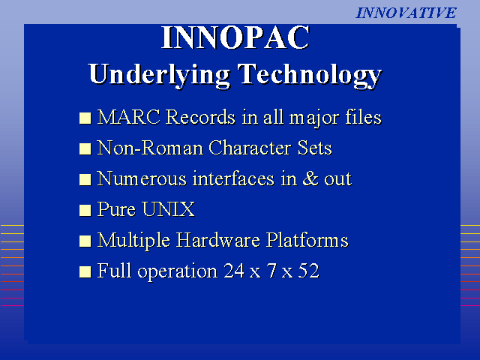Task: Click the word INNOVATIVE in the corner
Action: pos(406,13)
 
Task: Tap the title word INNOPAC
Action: pos(235,37)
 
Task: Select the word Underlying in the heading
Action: pos(160,75)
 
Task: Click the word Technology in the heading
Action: pos(310,75)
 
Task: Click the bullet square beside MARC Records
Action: pos(85,118)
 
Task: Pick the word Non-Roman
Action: pos(150,148)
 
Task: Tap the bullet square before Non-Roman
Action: pos(85,148)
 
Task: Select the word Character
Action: pos(249,148)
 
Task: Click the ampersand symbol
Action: pos(310,178)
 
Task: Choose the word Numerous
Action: pos(142,178)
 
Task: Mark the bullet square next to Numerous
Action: pos(85,180)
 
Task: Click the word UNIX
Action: pos(168,209)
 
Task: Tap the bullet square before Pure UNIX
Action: pos(85,210)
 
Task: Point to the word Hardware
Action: pos(218,240)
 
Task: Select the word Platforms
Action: pos(307,240)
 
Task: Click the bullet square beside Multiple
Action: pos(85,241)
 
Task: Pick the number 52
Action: pos(308,271)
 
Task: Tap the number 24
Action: pos(234,271)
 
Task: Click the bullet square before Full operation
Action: pos(85,271)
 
